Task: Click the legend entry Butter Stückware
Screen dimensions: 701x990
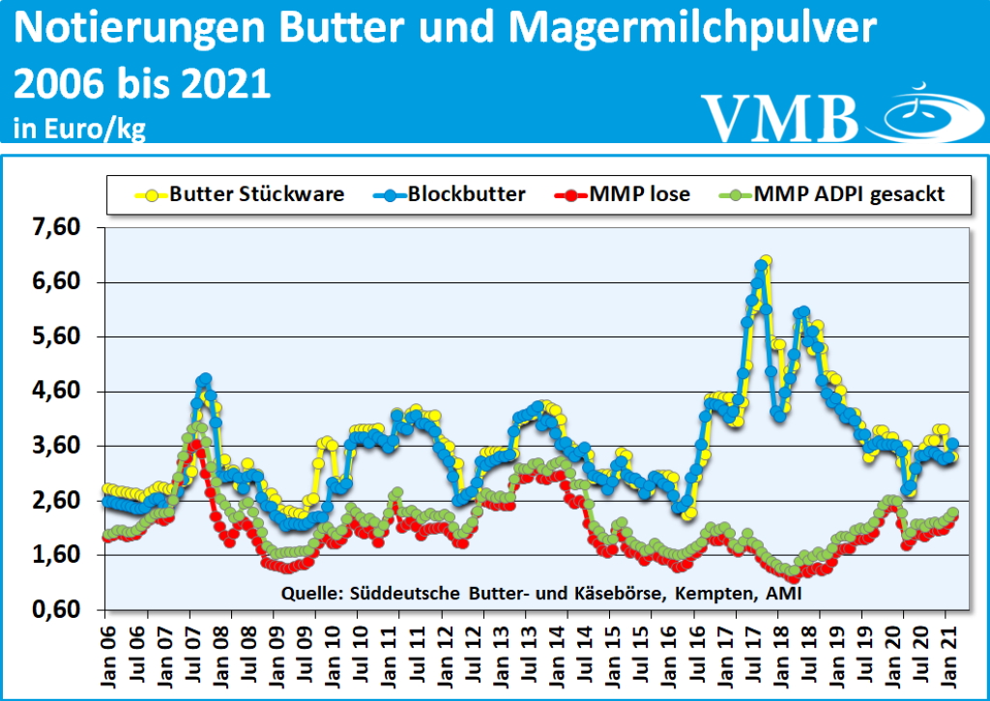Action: (257, 194)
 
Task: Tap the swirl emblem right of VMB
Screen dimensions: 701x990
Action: (923, 115)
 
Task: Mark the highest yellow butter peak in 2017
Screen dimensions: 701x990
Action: (766, 261)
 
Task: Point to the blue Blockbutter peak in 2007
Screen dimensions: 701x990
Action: (204, 379)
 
